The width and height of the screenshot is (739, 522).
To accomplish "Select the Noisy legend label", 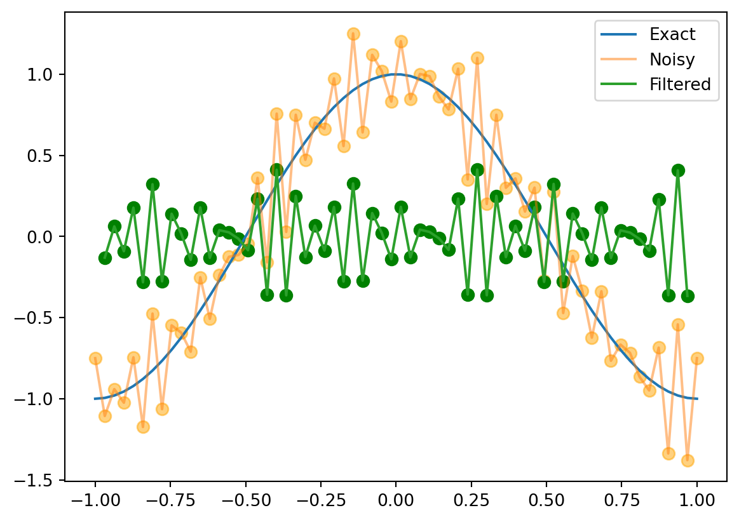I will (672, 60).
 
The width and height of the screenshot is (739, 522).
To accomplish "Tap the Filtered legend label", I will (680, 84).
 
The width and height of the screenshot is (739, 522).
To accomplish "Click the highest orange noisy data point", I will (353, 34).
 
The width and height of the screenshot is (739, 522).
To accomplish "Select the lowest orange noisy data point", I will (688, 460).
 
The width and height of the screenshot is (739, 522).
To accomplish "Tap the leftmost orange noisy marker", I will (95, 358).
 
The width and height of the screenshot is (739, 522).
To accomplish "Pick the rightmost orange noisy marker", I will (697, 358).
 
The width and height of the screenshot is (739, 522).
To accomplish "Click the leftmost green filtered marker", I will (105, 258).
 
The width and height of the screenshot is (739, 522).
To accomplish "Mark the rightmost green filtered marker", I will (688, 296).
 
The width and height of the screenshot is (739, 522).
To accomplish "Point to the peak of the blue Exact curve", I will (396, 74).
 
